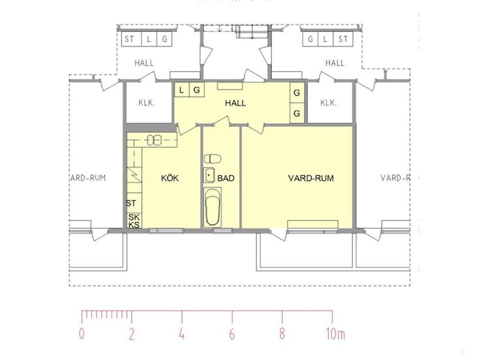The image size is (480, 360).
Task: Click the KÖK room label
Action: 170,178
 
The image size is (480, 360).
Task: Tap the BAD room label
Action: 226,178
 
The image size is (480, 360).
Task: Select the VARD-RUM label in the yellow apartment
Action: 311,178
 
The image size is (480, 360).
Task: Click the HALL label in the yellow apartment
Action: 235,103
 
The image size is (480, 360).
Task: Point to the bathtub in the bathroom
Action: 213,207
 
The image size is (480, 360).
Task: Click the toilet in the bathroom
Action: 213,158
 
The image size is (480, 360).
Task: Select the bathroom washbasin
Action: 210,175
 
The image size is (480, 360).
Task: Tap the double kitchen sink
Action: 154,140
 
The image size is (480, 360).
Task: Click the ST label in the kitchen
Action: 131,203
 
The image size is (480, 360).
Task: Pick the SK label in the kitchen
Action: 134,217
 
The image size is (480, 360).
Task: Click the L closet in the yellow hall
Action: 182,90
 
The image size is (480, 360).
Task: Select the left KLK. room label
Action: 146,103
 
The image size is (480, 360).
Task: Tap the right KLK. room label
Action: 328,103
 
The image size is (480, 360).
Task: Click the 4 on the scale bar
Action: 182,334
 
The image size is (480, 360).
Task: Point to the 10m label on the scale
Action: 335,334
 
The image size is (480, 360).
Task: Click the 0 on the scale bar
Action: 82,334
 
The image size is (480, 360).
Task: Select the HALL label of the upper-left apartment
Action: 144,63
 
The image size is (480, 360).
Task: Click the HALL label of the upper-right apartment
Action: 335,63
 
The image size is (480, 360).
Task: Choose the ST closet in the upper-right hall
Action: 343,39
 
